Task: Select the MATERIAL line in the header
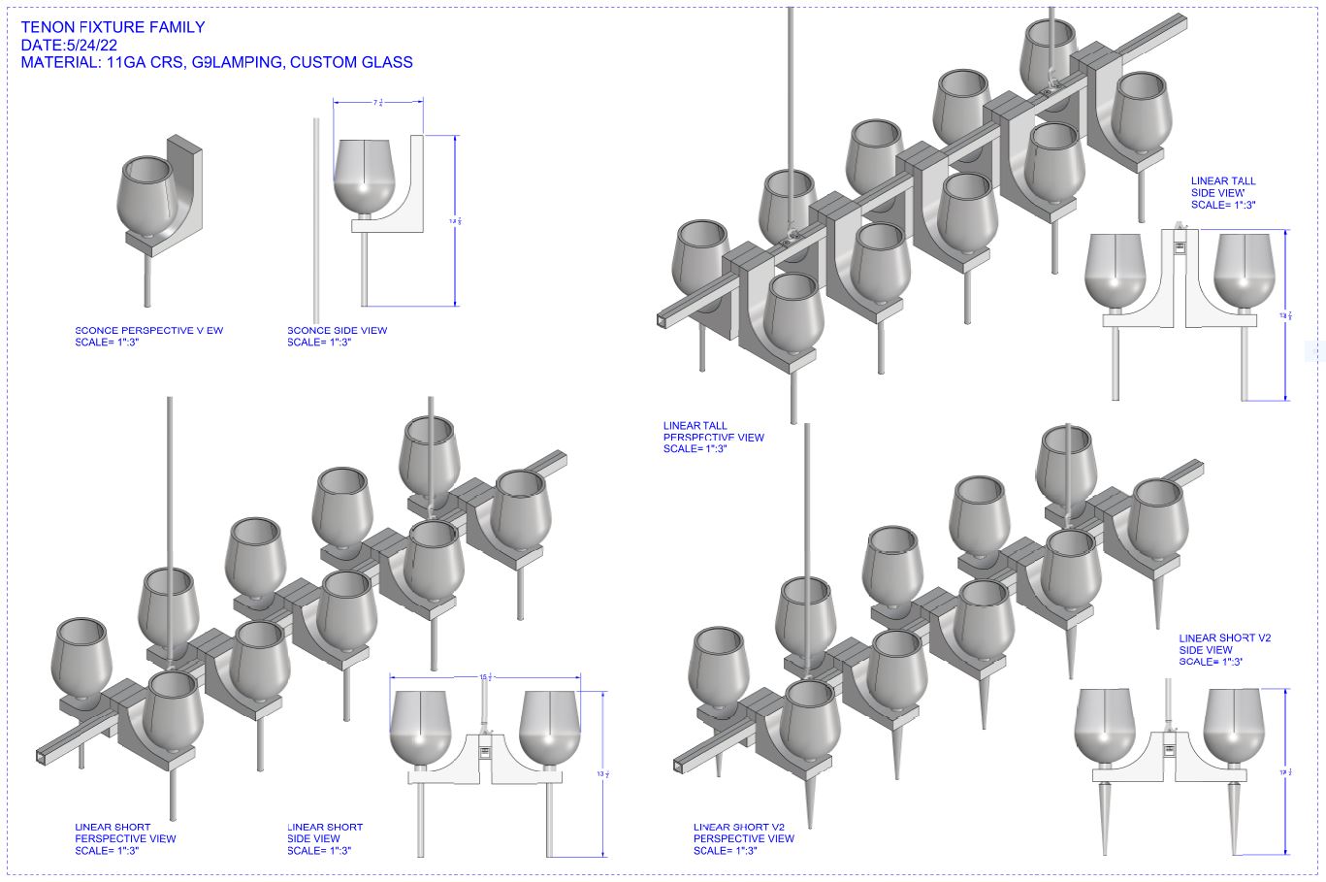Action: pos(216,62)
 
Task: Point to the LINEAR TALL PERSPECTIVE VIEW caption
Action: pos(713,437)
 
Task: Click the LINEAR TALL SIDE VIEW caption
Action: pos(1223,192)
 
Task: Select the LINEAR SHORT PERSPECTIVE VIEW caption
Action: pos(125,838)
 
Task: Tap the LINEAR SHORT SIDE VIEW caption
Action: pos(325,838)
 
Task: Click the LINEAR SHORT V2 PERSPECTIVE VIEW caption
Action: pos(743,838)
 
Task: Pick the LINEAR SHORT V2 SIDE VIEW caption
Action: pos(1224,649)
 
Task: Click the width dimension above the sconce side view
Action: pos(377,102)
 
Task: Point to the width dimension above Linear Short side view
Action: pos(484,677)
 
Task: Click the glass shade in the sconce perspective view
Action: pos(147,194)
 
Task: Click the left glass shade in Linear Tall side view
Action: pos(1115,272)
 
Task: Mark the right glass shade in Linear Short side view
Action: pos(549,728)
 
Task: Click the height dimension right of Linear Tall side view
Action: pos(1286,315)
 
